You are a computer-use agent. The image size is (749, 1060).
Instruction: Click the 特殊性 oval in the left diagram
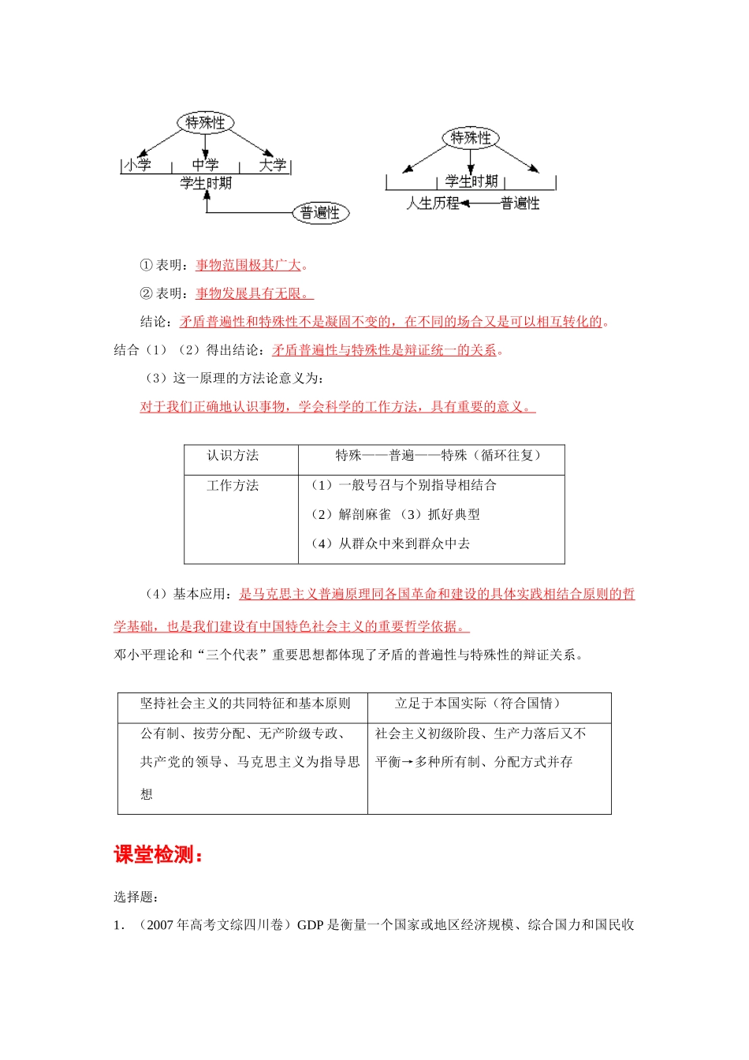[x=205, y=122]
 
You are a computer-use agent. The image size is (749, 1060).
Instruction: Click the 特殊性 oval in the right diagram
[x=471, y=138]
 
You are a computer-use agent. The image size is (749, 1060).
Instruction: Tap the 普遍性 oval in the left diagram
[x=320, y=213]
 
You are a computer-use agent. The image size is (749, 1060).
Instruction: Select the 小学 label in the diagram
[x=138, y=165]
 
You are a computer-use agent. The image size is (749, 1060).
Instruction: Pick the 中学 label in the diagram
[x=205, y=165]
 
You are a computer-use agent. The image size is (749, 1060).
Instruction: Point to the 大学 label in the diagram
[x=273, y=165]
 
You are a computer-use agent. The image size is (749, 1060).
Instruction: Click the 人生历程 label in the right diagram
[x=433, y=203]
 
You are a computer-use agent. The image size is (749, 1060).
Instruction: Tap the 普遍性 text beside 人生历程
[x=520, y=203]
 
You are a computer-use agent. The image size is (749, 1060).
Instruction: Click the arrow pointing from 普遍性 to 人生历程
[x=480, y=203]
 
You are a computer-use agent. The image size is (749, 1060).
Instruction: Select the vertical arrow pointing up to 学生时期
[x=207, y=202]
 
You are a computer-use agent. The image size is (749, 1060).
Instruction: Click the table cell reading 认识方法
[x=233, y=456]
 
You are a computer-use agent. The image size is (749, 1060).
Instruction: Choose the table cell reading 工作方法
[x=233, y=486]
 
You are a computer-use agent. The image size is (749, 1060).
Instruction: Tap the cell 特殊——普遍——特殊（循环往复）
[x=438, y=456]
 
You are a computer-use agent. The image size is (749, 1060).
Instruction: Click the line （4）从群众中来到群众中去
[x=390, y=543]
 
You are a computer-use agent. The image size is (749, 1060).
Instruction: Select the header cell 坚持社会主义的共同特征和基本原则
[x=245, y=704]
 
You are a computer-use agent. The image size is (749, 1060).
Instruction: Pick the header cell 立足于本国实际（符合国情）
[x=478, y=704]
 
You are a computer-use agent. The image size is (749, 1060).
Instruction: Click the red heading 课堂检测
[x=158, y=855]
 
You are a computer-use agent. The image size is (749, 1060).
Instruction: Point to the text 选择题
[x=136, y=897]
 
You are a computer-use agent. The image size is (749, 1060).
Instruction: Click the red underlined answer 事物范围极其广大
[x=249, y=265]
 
